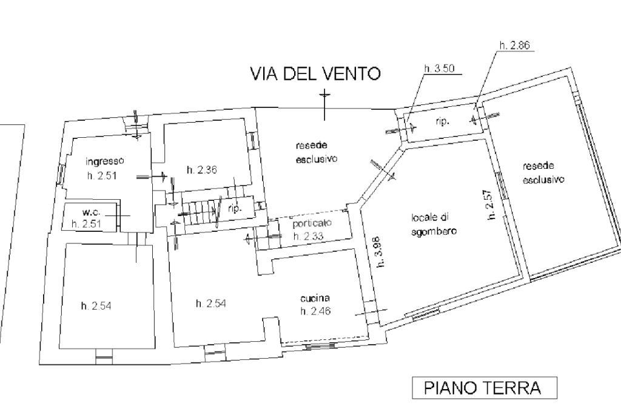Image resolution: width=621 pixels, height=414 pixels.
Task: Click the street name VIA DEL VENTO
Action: tap(315, 73)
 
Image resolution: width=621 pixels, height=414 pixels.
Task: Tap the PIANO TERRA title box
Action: tap(485, 387)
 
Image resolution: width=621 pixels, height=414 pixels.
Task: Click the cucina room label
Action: tap(315, 298)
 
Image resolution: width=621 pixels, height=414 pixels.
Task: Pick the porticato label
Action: tap(312, 223)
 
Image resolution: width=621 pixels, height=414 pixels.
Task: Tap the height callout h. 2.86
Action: tap(514, 45)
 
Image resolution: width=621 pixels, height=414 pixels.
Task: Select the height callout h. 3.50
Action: tap(439, 69)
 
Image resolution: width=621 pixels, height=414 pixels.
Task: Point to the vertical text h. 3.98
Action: tap(380, 252)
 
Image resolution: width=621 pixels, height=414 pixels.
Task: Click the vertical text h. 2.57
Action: tap(490, 204)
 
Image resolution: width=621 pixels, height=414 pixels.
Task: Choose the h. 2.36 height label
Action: tap(201, 170)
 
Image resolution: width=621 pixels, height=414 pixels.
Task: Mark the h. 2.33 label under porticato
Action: tap(308, 236)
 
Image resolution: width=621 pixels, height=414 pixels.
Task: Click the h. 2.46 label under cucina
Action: tap(315, 311)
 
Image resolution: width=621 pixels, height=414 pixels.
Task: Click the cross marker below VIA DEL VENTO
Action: tap(325, 104)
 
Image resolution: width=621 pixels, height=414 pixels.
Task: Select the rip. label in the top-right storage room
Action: tap(442, 122)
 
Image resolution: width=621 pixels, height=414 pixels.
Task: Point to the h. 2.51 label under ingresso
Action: tap(102, 175)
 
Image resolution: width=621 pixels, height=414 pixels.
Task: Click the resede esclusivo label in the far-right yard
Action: tap(543, 173)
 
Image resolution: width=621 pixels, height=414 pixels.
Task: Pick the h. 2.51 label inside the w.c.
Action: tap(86, 223)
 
